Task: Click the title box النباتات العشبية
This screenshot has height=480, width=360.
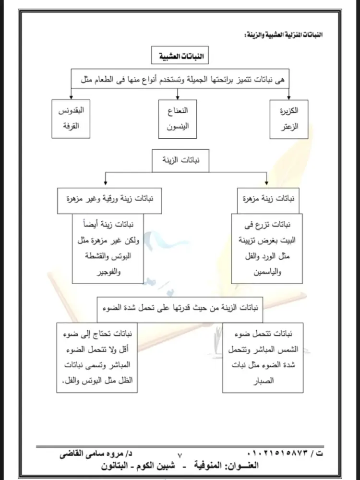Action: tap(178, 57)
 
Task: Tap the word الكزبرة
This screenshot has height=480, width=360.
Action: tap(288, 111)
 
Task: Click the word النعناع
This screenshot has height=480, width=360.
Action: tap(179, 111)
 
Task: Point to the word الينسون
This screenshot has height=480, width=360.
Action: tap(179, 127)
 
